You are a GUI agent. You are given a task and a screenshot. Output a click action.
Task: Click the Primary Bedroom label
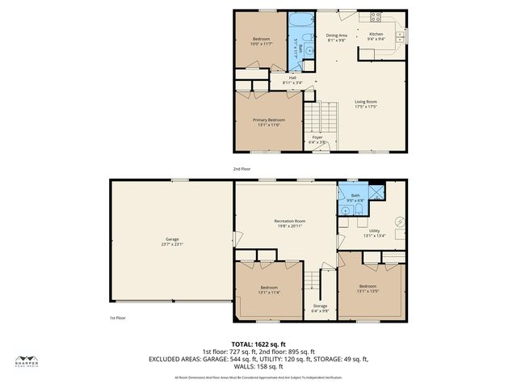pyautogui.click(x=269, y=122)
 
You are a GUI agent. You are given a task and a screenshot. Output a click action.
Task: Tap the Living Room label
pyautogui.click(x=366, y=103)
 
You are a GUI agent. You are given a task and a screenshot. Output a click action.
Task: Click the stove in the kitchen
pyautogui.click(x=376, y=17)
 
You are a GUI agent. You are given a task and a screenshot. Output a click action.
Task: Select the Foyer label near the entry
pyautogui.click(x=318, y=139)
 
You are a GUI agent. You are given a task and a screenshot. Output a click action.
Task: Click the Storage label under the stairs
pyautogui.click(x=320, y=308)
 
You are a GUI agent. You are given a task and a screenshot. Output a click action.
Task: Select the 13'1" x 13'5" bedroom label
pyautogui.click(x=368, y=289)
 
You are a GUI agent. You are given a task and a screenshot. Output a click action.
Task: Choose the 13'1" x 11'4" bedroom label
pyautogui.click(x=269, y=290)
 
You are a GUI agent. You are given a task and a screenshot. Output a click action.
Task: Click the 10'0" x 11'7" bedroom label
pyautogui.click(x=260, y=41)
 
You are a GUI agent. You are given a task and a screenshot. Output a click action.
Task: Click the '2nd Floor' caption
pyautogui.click(x=242, y=169)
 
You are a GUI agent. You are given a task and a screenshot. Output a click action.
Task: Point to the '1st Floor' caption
pyautogui.click(x=118, y=318)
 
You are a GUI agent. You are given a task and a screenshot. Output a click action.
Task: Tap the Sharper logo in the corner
pyautogui.click(x=27, y=361)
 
